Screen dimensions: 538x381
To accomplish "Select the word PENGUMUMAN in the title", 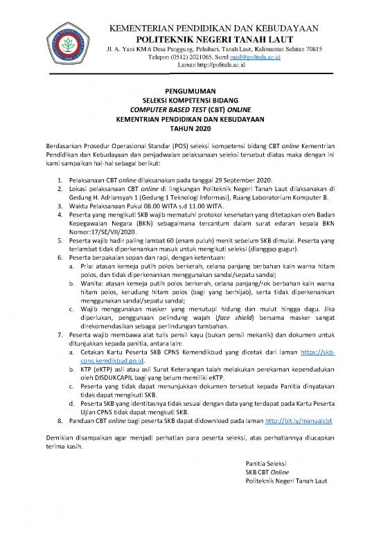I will [190, 91].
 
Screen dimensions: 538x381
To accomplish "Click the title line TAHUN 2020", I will [190, 128].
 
